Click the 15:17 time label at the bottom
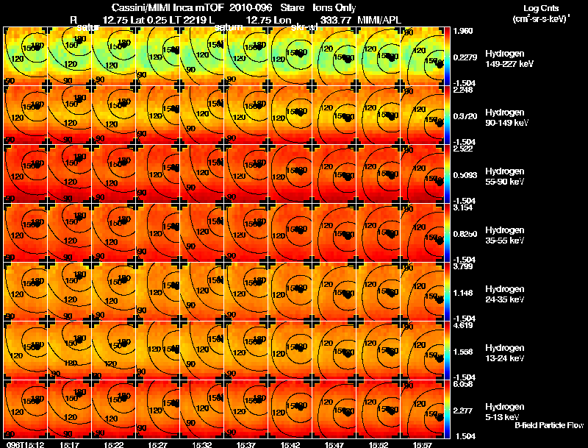click(x=70, y=444)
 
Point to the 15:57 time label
click(x=423, y=444)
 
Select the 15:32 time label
click(x=202, y=444)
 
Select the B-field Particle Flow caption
click(x=549, y=425)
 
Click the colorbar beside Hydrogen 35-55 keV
click(x=448, y=232)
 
